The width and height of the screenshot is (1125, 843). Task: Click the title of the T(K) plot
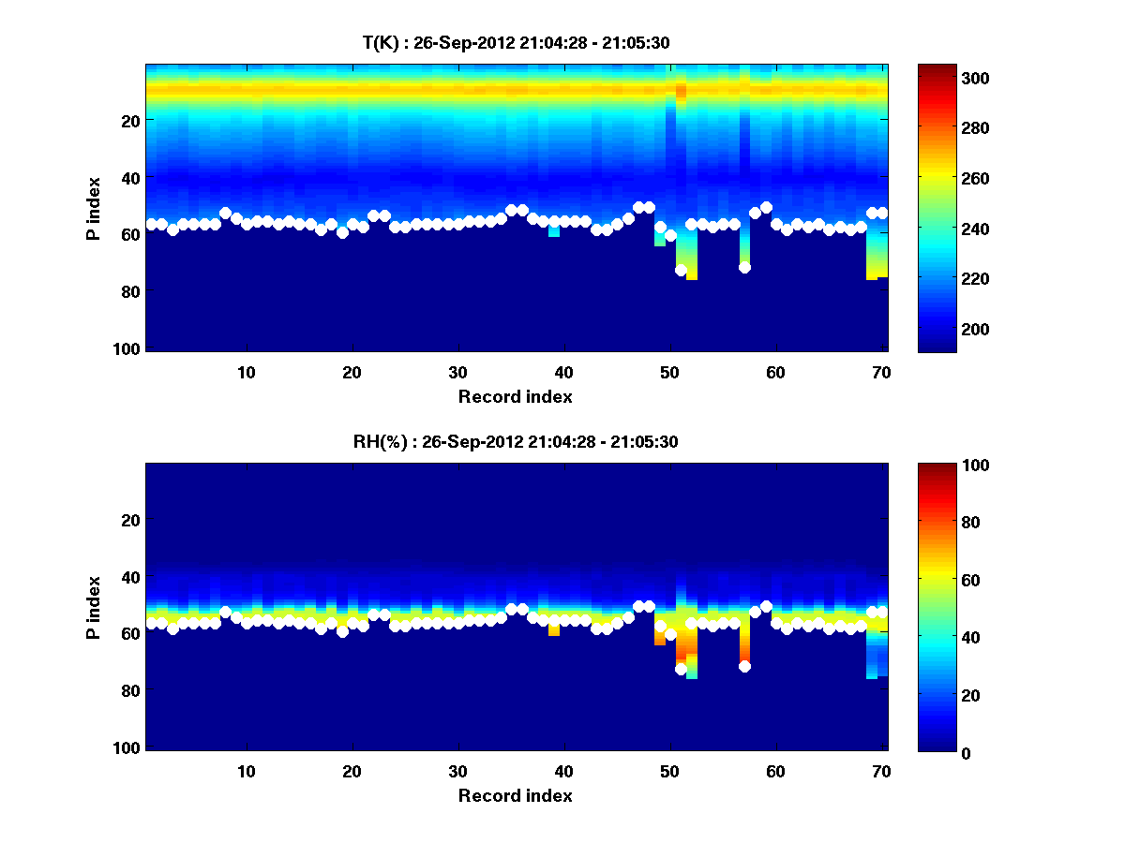[515, 42]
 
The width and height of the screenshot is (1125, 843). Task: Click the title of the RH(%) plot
[515, 441]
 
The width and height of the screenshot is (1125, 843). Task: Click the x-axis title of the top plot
[515, 396]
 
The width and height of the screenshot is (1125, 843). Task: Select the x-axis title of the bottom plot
[515, 795]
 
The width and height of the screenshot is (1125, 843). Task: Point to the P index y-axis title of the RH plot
[94, 607]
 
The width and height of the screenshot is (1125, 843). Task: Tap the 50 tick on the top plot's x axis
[669, 372]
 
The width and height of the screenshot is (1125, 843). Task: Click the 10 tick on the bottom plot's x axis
[246, 771]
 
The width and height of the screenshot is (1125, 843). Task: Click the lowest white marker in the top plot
[681, 270]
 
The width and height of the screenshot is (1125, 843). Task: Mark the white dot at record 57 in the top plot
[744, 267]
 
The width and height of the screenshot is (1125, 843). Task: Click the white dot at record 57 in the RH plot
[744, 666]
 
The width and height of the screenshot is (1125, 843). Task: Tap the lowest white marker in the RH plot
[681, 669]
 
